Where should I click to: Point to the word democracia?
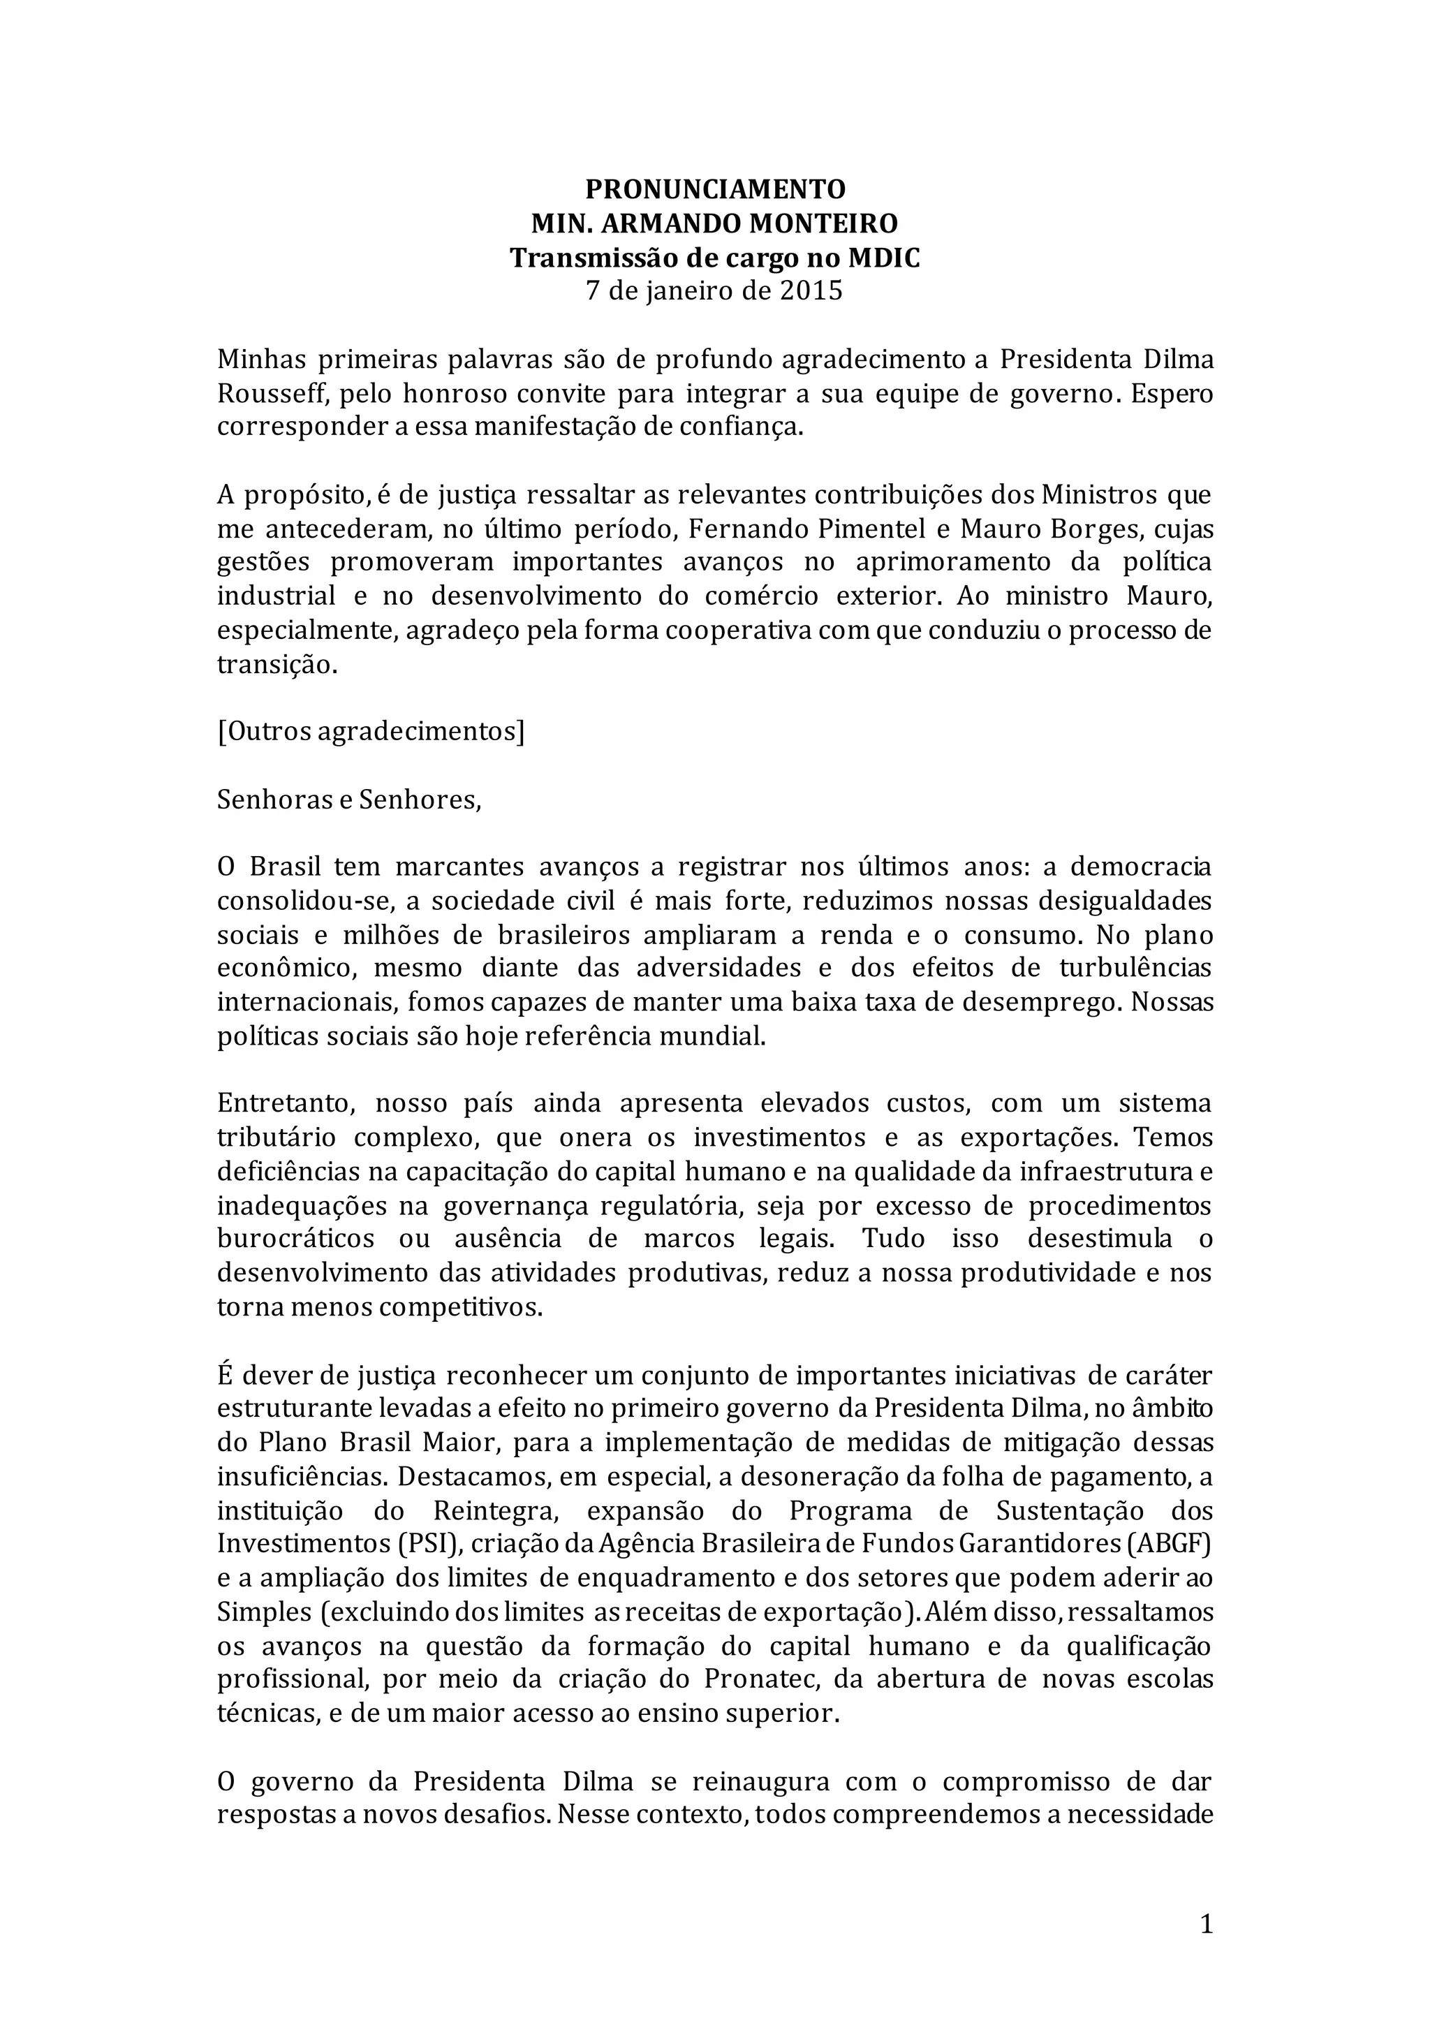[1142, 868]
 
